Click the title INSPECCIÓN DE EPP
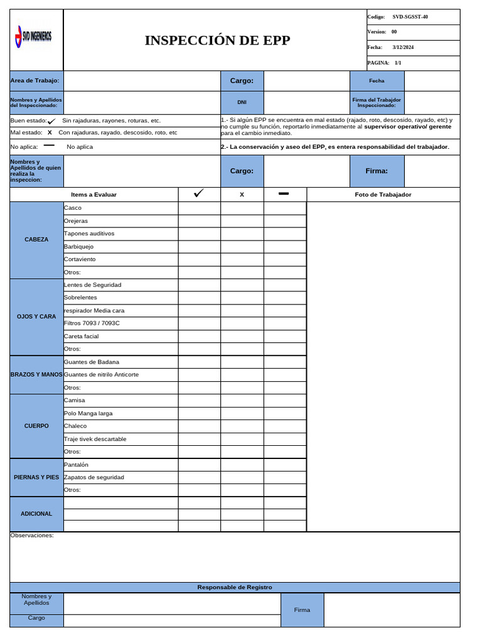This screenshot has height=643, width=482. coord(217,40)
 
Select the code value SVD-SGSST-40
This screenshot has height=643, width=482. coord(410,17)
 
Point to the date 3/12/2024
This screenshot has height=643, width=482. coord(403,48)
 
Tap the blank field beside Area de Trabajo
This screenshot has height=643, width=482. coord(142,80)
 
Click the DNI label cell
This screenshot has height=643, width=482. coord(242,102)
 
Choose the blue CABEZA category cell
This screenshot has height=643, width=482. coord(36,240)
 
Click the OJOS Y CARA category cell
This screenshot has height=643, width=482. coord(36,316)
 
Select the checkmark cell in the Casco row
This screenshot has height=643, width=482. coord(199,208)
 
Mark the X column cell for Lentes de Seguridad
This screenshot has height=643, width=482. coord(242,285)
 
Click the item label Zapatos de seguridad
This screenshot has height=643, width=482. coord(94,477)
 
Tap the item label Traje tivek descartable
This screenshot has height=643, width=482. coord(95,439)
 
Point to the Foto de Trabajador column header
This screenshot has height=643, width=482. coord(383,195)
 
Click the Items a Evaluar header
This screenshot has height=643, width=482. coord(94,195)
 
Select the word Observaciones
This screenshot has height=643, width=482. coord(32,536)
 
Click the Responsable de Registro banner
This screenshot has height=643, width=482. coord(235,587)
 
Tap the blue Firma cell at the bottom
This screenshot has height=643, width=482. coord(302,610)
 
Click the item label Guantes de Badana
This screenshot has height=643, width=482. coord(92,362)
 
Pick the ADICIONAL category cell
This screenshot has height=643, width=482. coord(36,514)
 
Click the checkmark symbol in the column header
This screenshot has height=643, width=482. coord(199,194)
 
